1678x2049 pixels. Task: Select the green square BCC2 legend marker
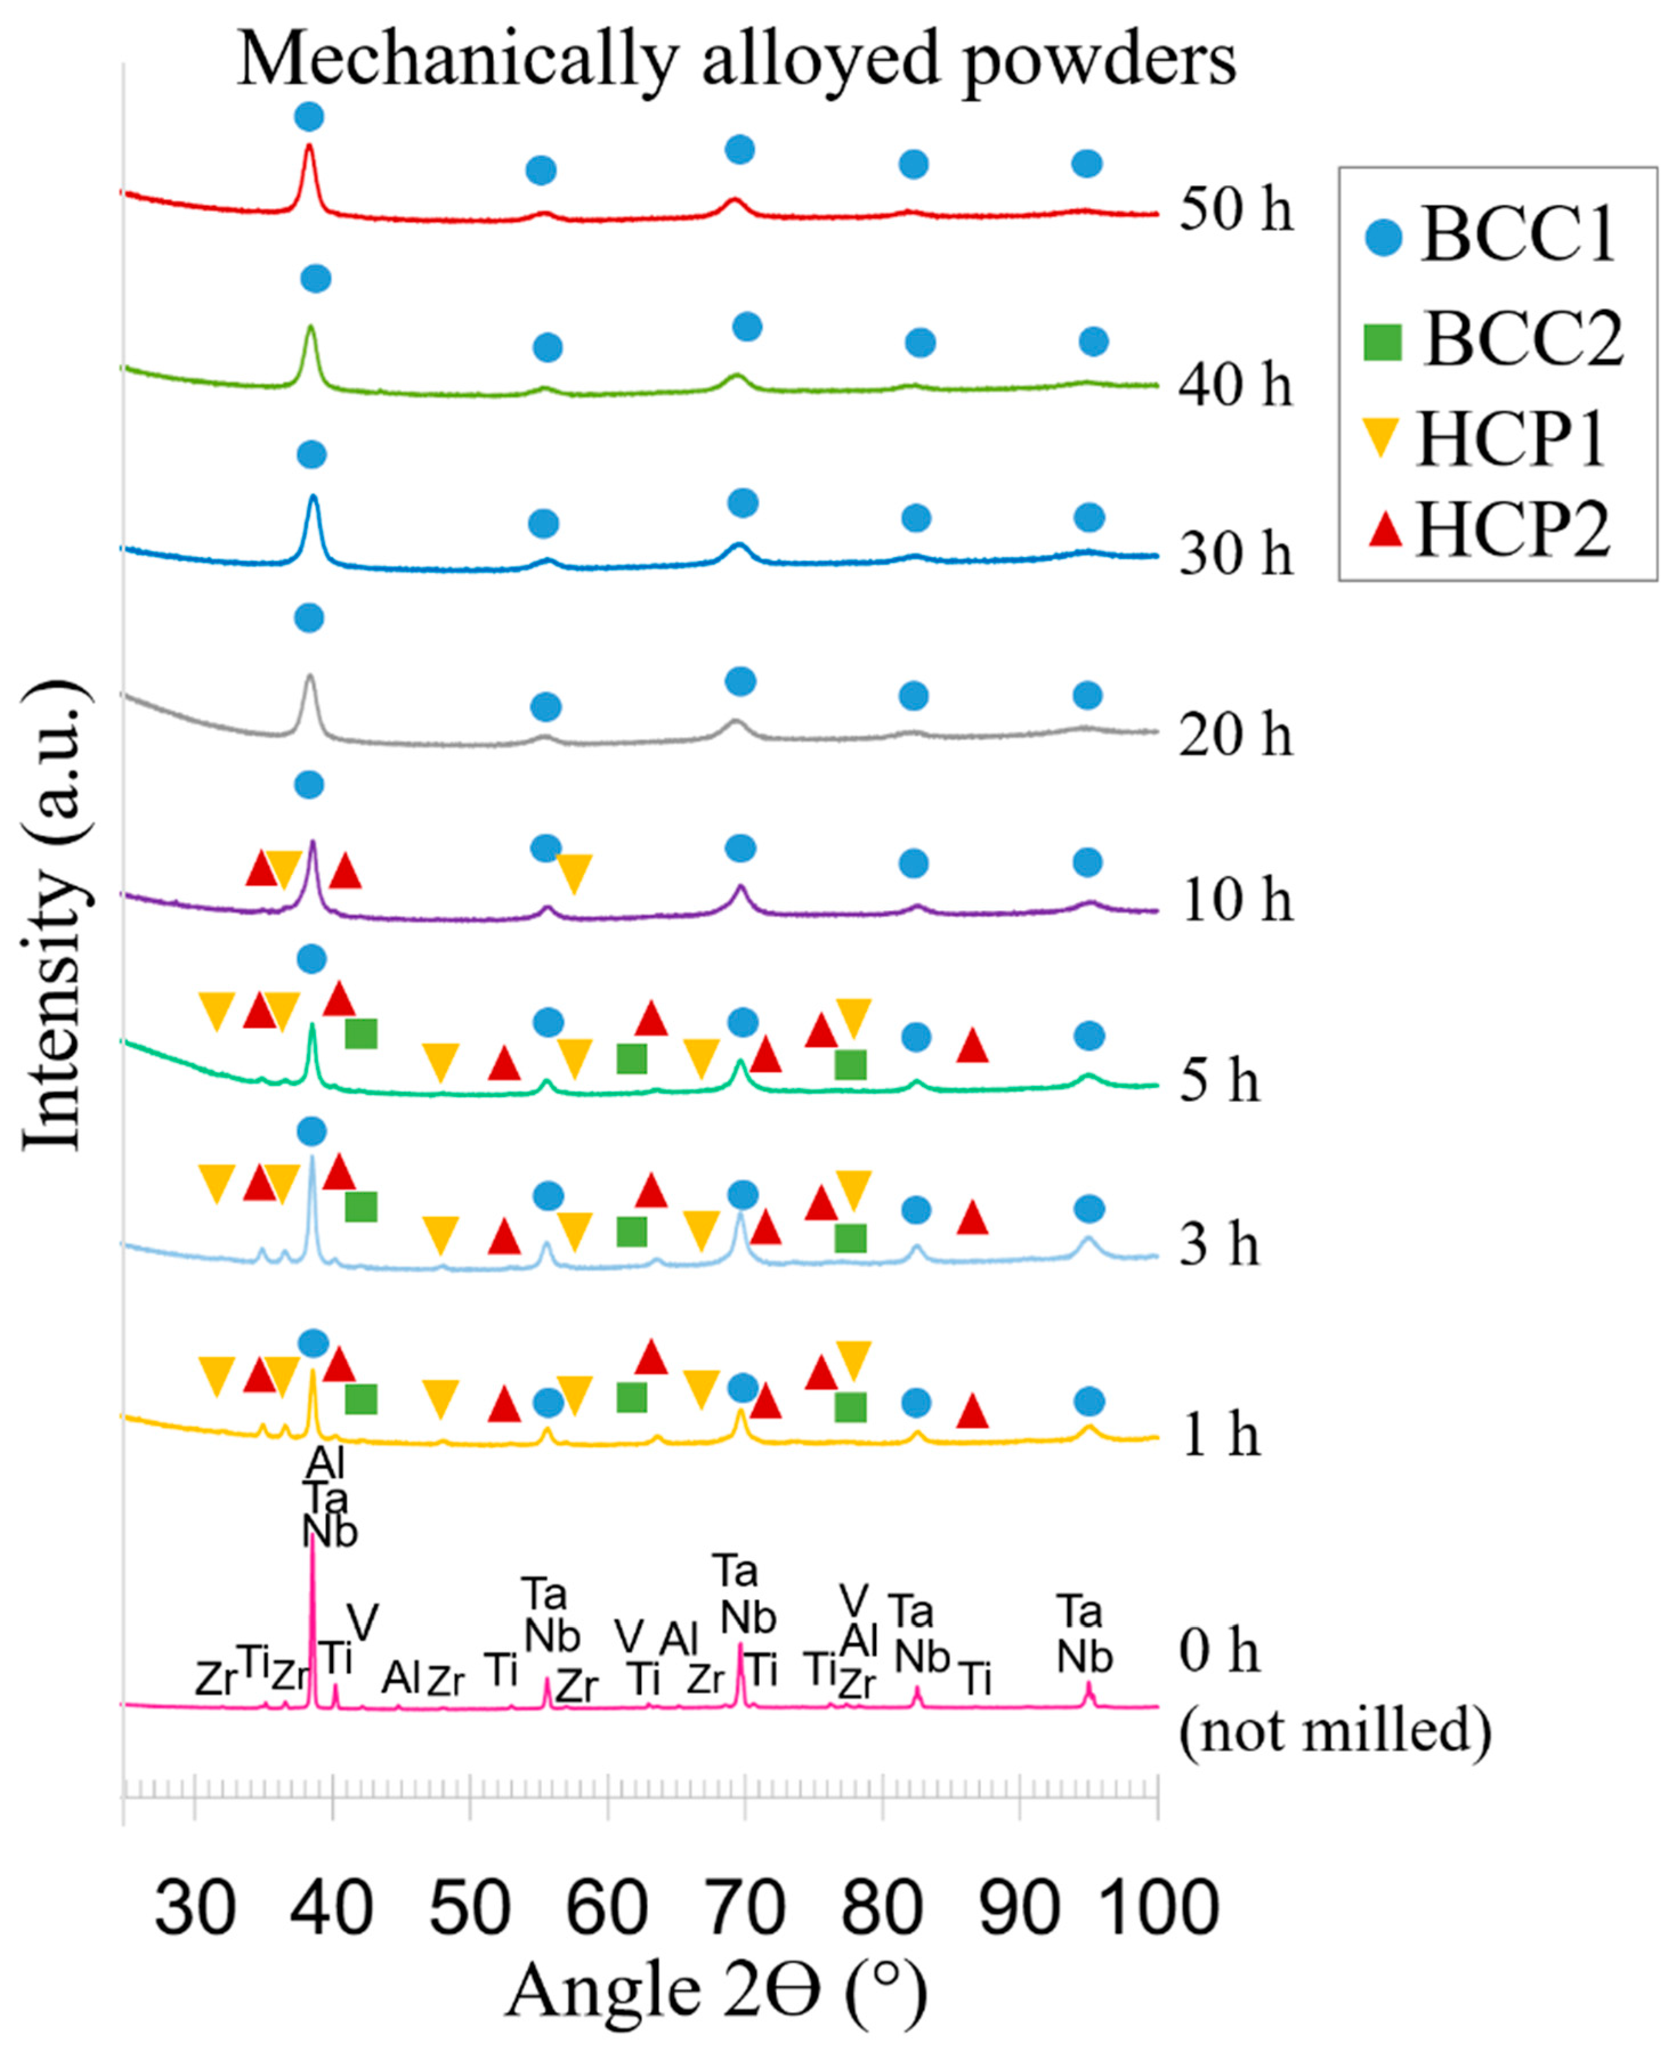click(x=1382, y=341)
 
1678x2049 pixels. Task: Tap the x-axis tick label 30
click(x=195, y=1909)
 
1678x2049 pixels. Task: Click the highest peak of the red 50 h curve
click(x=309, y=148)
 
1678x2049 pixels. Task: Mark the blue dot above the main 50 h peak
click(x=309, y=117)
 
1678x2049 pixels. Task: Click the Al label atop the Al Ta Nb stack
click(x=325, y=1465)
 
